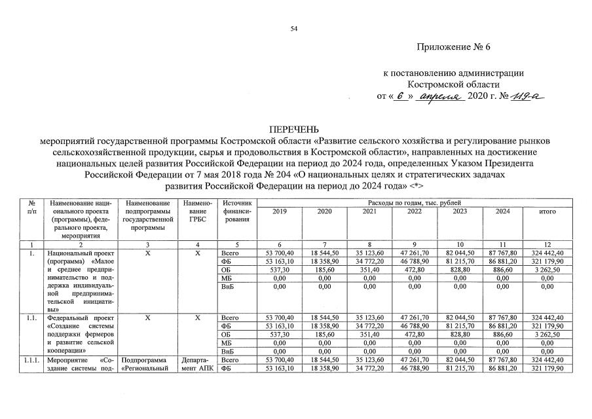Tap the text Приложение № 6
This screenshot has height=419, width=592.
[x=452, y=48]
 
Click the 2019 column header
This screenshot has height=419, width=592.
[x=279, y=211]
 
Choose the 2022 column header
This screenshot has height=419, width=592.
[x=415, y=211]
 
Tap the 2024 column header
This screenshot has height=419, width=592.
[x=503, y=211]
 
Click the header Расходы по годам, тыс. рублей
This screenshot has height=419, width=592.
[x=414, y=203]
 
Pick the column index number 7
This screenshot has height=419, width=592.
[x=324, y=244]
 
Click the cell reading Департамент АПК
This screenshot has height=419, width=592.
[x=197, y=365]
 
